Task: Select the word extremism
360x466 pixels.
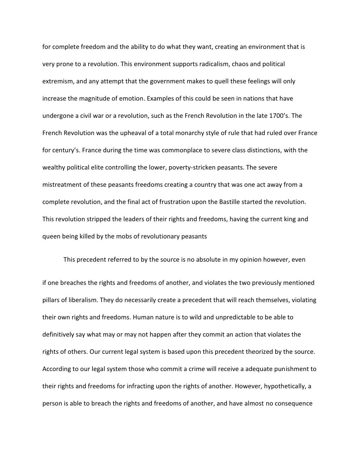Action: (57, 81)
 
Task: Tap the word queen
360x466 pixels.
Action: (51, 236)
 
